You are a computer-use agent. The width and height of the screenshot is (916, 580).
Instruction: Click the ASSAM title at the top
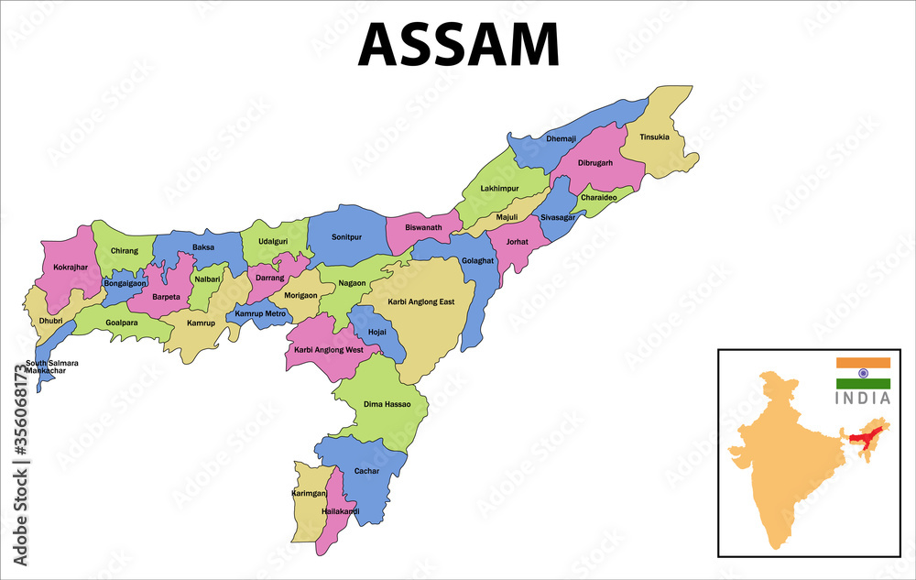458,44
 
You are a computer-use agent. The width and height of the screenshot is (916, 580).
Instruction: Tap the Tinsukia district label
654,137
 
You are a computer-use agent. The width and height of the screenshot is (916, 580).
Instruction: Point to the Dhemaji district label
561,138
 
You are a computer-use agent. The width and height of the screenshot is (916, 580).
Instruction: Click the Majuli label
507,217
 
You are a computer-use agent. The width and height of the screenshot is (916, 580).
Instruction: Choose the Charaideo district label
598,197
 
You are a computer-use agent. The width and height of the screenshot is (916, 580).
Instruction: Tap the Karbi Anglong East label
420,301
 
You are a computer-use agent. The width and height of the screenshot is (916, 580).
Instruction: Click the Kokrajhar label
70,268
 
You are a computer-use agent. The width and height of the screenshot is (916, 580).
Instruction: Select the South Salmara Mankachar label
51,367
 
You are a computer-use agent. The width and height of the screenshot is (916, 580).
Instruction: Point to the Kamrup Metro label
260,314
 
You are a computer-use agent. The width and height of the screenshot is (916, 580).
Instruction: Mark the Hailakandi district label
340,511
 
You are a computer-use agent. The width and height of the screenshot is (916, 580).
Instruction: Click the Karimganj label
310,493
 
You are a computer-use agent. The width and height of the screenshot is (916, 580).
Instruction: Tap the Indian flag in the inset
863,373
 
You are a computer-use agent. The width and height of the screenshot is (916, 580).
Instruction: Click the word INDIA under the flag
863,399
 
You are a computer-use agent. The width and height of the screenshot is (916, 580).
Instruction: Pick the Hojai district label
376,331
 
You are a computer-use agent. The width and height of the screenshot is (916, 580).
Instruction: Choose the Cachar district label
366,471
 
